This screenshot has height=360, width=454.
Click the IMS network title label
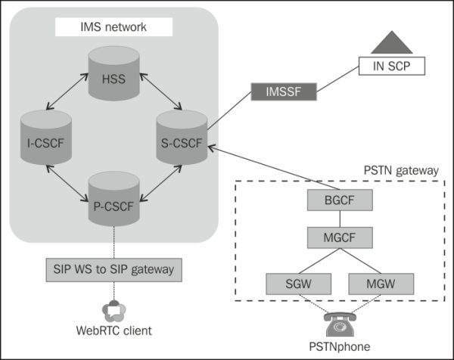[114, 29]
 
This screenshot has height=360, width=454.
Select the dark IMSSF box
[281, 94]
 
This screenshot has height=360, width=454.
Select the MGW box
[381, 284]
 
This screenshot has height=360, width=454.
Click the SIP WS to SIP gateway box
[114, 268]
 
